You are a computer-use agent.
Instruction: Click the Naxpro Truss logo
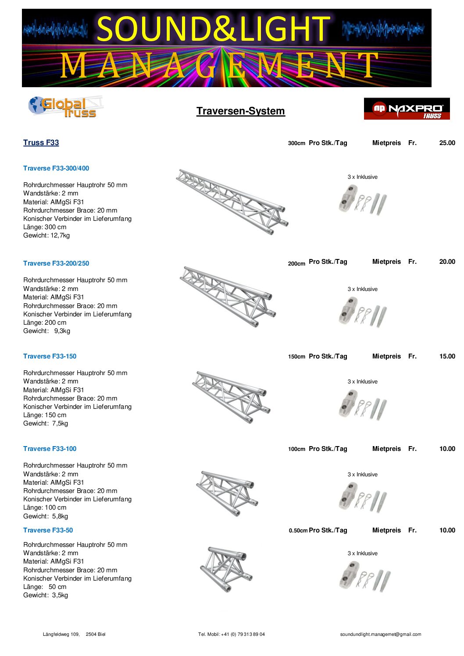coord(407,109)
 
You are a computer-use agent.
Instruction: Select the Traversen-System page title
coord(240,111)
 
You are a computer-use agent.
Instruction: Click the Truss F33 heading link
coord(41,142)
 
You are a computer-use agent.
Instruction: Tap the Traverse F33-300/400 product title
coord(56,168)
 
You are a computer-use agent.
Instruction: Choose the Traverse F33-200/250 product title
coord(56,263)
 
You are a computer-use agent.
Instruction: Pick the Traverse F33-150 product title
coord(50,356)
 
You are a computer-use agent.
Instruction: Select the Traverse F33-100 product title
coord(50,449)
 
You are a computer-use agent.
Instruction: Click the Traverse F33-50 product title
coord(48,530)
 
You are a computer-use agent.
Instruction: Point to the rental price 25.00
coord(447,143)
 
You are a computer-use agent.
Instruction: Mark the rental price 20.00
coord(447,262)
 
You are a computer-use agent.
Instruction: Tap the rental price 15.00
coord(447,356)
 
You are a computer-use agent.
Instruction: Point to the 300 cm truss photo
coord(232,201)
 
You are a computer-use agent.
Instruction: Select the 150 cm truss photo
coord(231,397)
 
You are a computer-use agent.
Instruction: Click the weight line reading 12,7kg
coord(46,235)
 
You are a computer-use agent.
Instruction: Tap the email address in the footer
coord(380,634)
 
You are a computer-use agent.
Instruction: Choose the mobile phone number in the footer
coord(231,634)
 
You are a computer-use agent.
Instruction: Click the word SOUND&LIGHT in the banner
coord(213,29)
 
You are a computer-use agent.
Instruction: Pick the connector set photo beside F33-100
coord(363,497)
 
